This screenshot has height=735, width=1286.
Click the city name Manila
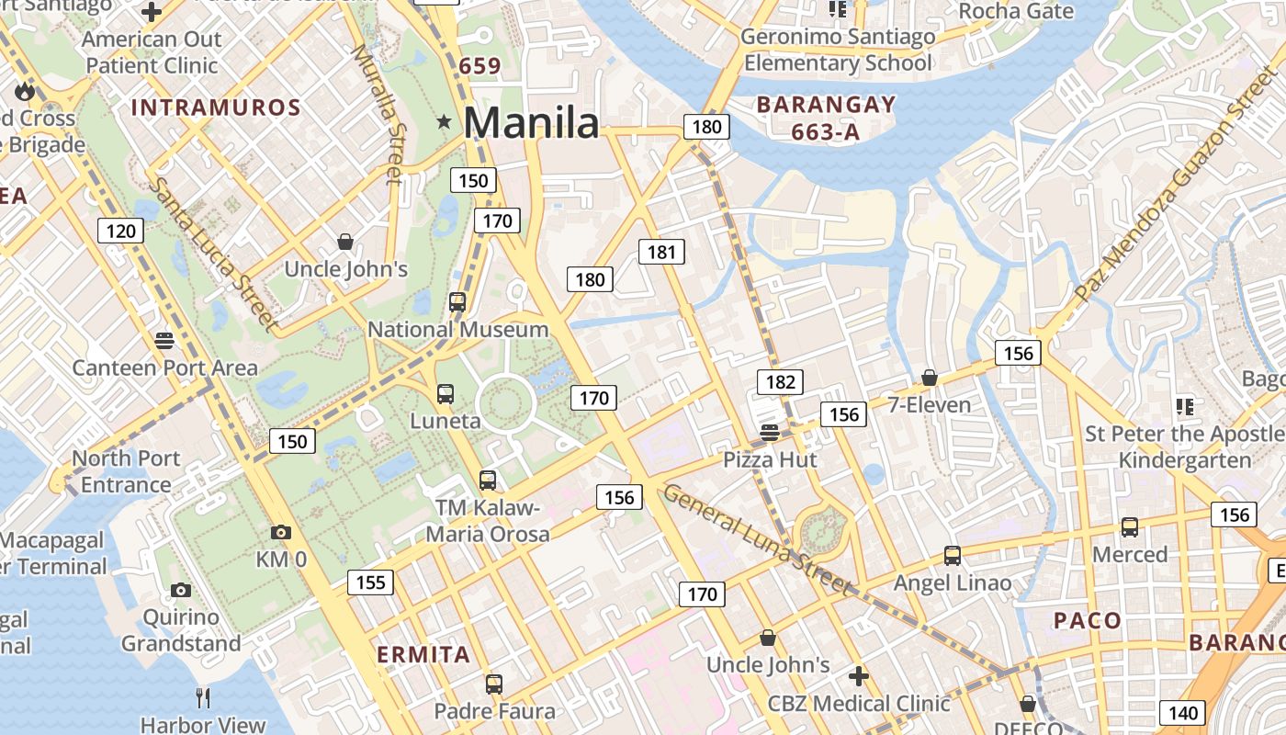(x=532, y=122)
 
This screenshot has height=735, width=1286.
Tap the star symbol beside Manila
(x=446, y=121)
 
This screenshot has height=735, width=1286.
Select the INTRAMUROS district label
(x=216, y=107)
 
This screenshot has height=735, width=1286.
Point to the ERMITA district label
(x=423, y=655)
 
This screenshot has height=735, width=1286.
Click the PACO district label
(x=1088, y=620)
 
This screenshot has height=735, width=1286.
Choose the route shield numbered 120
(x=121, y=231)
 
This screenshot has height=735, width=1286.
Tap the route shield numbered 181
(x=661, y=252)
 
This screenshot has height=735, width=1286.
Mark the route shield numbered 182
(x=780, y=382)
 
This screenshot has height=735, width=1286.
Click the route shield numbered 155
(x=370, y=582)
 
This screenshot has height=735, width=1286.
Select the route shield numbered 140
(x=1183, y=712)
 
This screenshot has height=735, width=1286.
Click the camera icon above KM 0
(x=281, y=532)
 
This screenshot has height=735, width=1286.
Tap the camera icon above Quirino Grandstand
(x=181, y=590)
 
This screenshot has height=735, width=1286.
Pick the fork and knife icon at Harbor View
(x=203, y=698)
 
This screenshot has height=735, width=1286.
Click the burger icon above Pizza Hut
(x=770, y=433)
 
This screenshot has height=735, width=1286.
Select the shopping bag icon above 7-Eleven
(x=930, y=378)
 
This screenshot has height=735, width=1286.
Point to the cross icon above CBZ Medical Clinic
(x=859, y=677)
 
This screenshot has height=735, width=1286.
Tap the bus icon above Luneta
(x=446, y=394)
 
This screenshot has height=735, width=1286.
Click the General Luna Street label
(x=757, y=539)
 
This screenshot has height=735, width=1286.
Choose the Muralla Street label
(x=378, y=112)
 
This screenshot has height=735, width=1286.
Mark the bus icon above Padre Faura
(x=494, y=684)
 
